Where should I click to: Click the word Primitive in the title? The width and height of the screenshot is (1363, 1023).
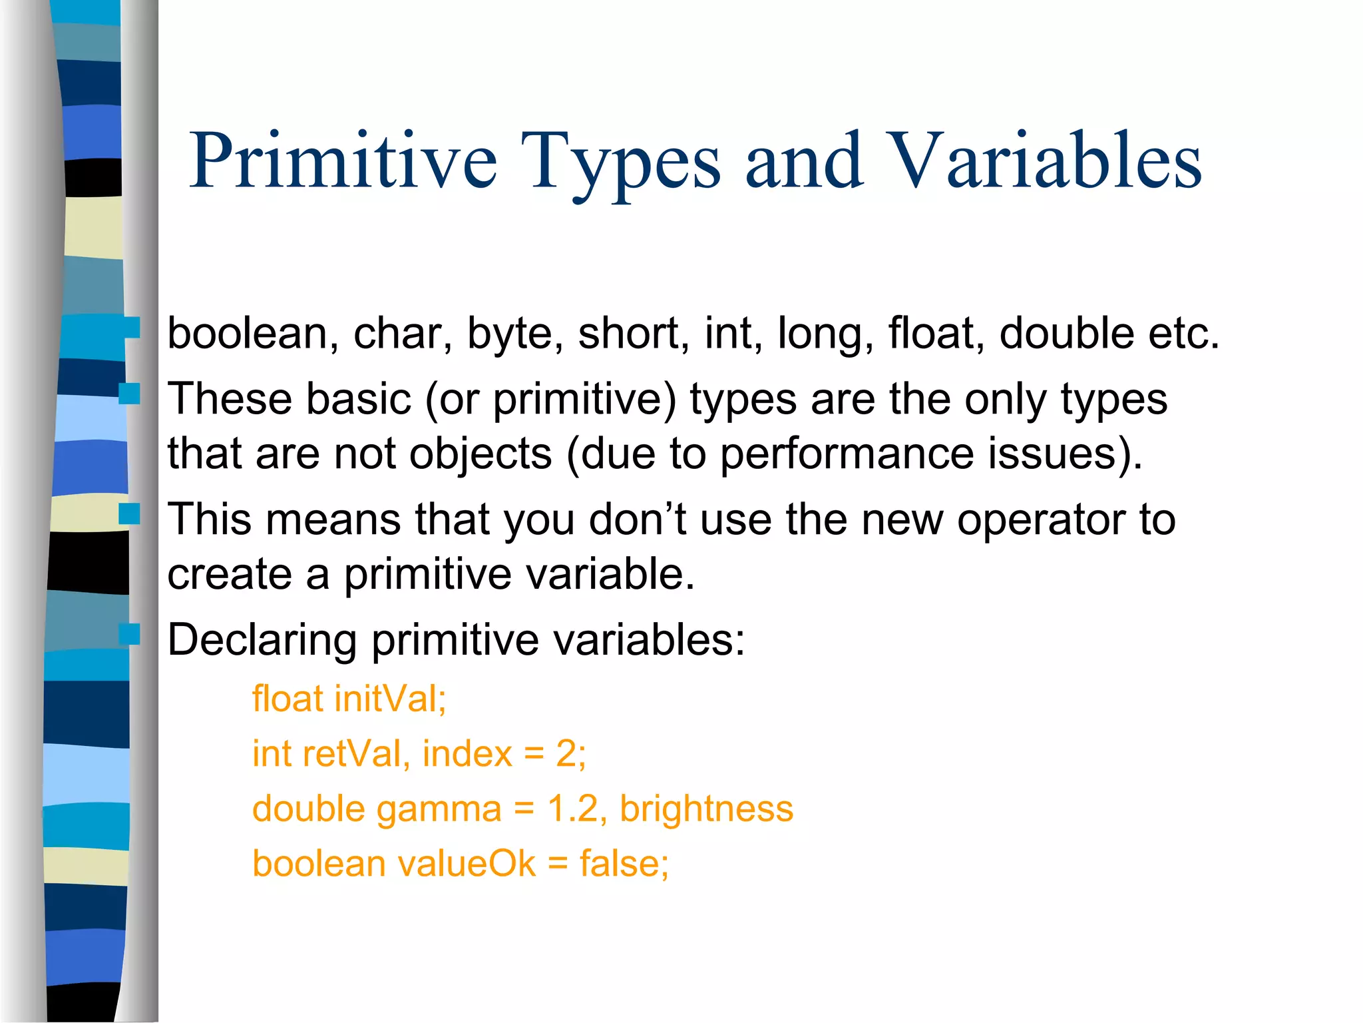(x=343, y=161)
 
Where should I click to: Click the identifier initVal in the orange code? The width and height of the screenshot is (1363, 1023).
(x=390, y=699)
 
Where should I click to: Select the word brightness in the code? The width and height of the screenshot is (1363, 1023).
(x=706, y=809)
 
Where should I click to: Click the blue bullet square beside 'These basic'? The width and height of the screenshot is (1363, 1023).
(x=129, y=394)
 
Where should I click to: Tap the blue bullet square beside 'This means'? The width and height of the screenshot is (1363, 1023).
(x=129, y=513)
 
